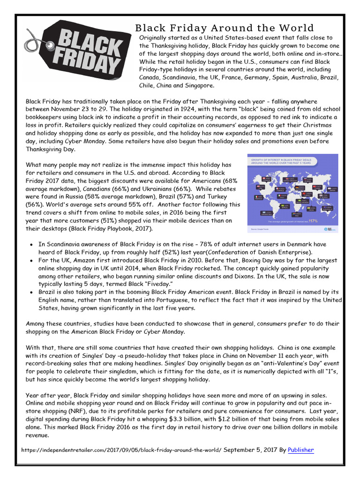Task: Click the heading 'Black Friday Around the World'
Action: pos(225,28)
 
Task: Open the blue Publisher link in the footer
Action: pos(300,450)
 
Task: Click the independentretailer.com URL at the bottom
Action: pos(121,450)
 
